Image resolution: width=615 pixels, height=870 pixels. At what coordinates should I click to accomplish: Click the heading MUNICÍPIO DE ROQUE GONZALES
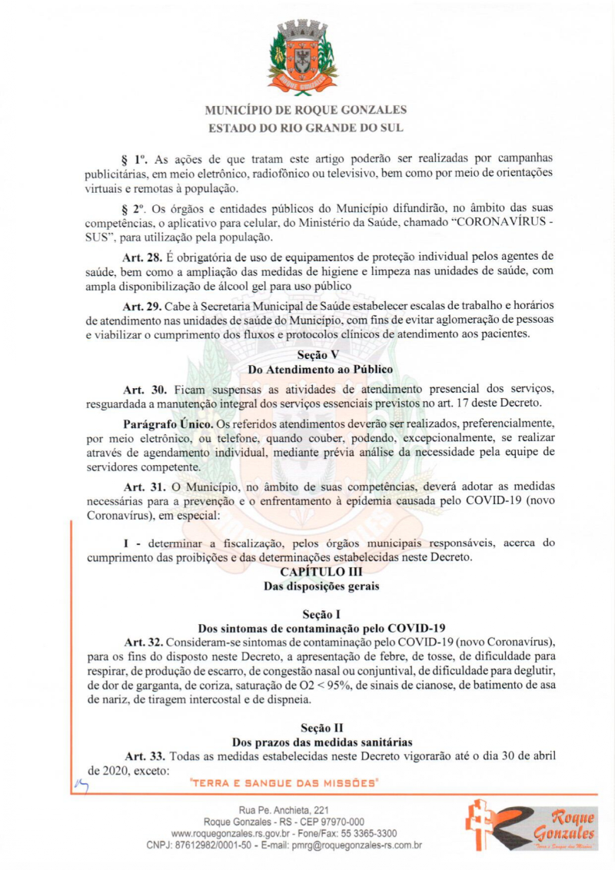click(306, 110)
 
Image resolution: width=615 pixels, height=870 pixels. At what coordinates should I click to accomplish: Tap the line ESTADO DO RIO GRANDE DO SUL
click(306, 128)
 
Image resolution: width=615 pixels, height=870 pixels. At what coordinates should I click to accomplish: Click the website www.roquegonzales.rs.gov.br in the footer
click(229, 833)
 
